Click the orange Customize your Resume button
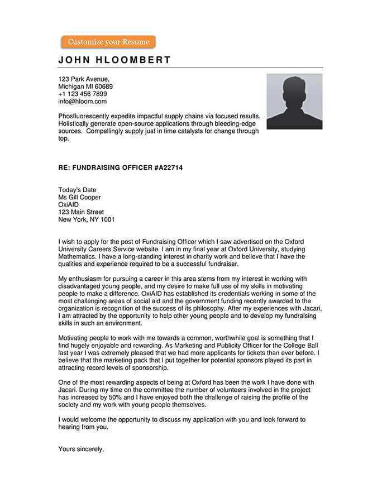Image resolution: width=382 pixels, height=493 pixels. (x=108, y=42)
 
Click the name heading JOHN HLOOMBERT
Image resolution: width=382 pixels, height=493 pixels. (x=114, y=60)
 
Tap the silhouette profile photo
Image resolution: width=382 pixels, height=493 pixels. (x=294, y=102)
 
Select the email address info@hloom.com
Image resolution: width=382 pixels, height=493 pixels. (x=82, y=102)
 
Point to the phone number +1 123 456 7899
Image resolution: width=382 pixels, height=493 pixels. (x=83, y=94)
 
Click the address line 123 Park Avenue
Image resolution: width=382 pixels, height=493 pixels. (x=84, y=79)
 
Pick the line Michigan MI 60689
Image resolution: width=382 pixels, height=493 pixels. (x=85, y=87)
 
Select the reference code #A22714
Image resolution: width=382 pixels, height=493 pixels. (x=168, y=167)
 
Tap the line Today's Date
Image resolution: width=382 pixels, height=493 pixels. (x=77, y=190)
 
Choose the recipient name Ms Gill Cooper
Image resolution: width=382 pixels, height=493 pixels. (x=80, y=197)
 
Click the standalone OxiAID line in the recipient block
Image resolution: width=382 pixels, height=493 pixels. (x=69, y=204)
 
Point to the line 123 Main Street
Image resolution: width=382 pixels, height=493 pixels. (x=81, y=212)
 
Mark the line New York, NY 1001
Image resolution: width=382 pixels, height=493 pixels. (x=87, y=219)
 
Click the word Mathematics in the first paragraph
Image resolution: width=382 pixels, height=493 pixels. (x=78, y=257)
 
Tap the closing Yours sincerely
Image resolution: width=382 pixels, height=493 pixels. (x=82, y=448)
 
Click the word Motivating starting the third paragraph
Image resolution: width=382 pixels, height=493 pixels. (x=75, y=338)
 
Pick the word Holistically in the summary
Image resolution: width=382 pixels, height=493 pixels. (x=77, y=123)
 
